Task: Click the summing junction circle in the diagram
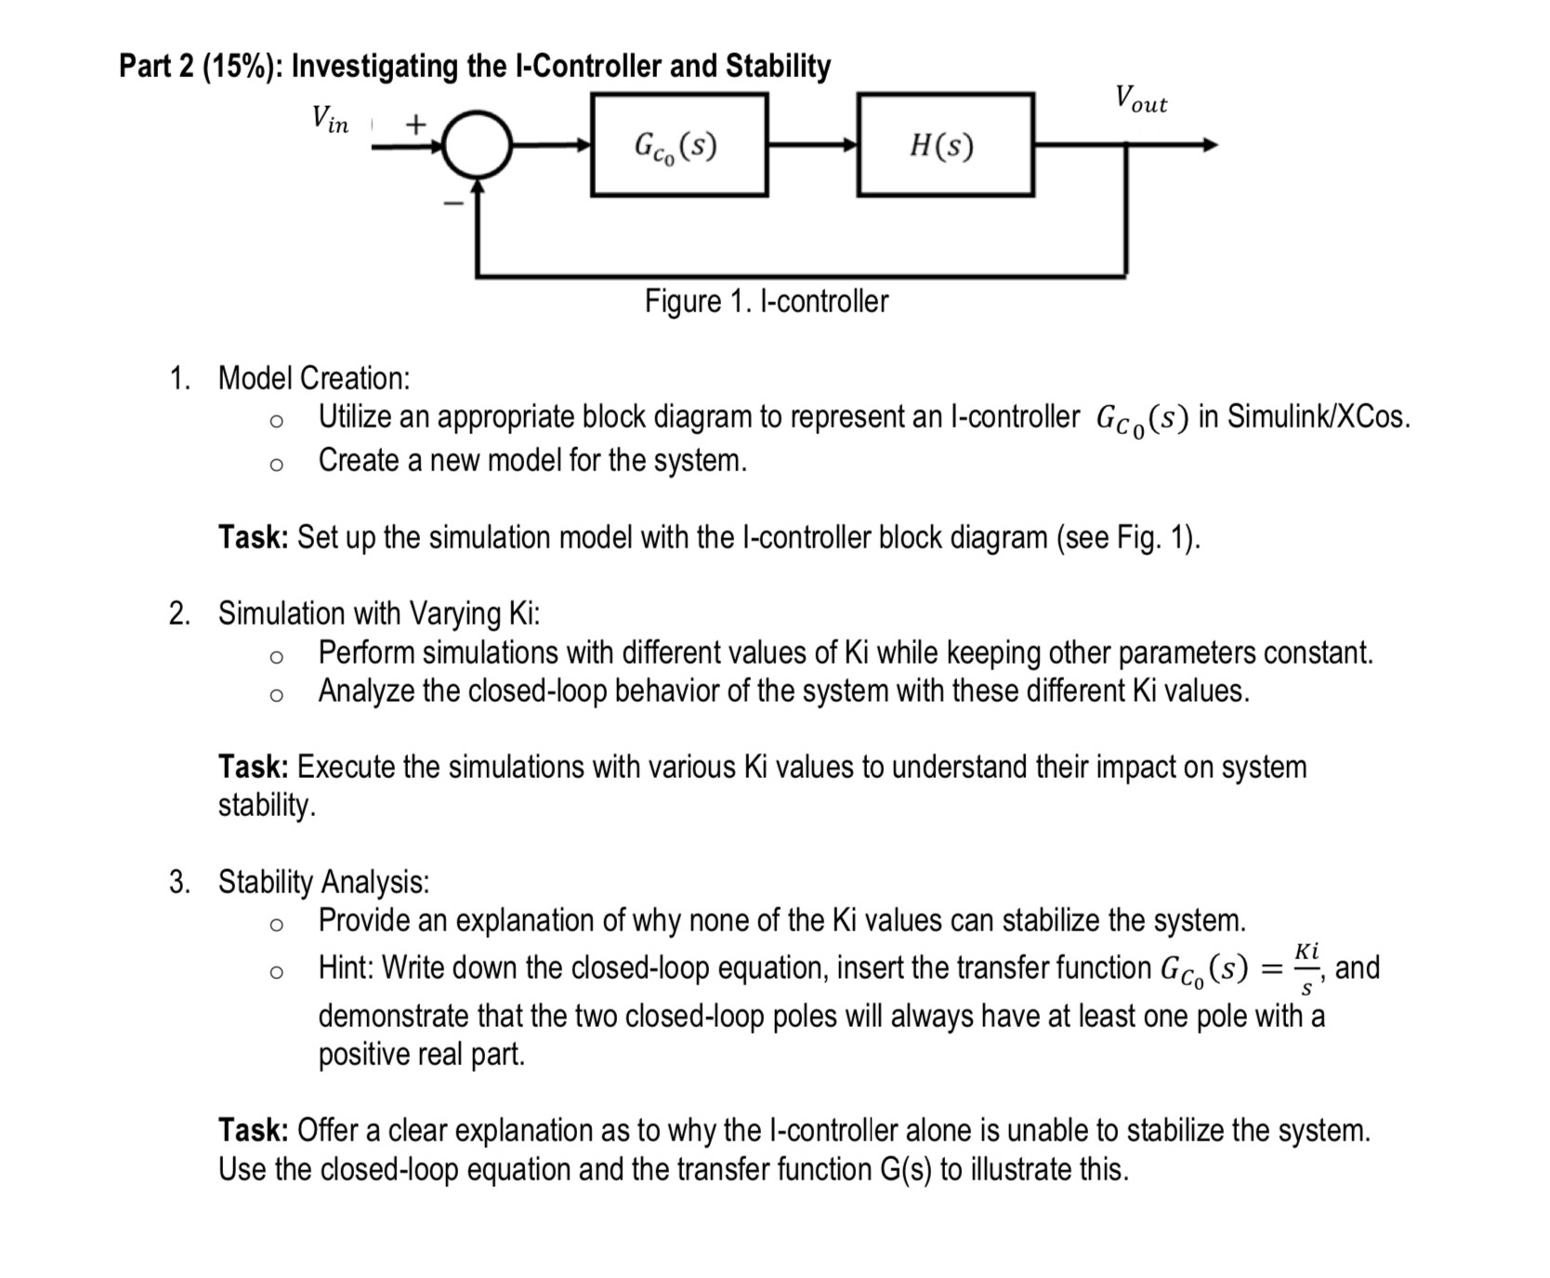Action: click(x=477, y=145)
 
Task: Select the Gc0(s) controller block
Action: click(x=679, y=145)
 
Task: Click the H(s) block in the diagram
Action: click(x=945, y=145)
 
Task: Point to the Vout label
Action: click(x=1140, y=99)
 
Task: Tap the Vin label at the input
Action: click(x=330, y=119)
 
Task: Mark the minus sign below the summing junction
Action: click(x=453, y=203)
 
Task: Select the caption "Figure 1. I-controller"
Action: click(x=766, y=301)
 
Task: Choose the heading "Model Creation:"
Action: click(x=313, y=378)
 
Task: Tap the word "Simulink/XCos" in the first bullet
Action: click(x=1318, y=416)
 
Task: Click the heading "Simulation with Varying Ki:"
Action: click(x=378, y=613)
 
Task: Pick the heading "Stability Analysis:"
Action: click(x=323, y=881)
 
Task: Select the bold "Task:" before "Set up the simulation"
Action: click(x=253, y=537)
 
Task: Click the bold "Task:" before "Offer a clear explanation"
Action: click(x=253, y=1130)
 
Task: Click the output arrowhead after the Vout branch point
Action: click(x=1209, y=145)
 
